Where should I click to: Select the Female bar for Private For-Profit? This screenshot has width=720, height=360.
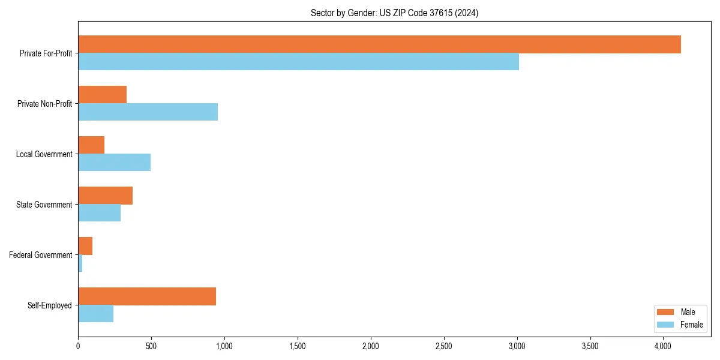coord(298,62)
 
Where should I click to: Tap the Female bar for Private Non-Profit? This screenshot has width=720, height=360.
coord(148,112)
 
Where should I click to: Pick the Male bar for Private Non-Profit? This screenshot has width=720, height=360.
coord(102,95)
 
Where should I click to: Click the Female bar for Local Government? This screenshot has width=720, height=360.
coord(114,163)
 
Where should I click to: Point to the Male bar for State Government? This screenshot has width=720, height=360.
coord(105,196)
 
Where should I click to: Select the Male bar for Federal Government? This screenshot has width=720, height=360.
coord(85,246)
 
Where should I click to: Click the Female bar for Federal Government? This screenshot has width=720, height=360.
coord(80,263)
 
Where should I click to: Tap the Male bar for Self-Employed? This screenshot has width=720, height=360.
coord(147,296)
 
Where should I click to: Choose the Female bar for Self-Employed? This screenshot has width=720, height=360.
coord(95,314)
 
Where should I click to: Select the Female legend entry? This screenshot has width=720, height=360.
coord(680,325)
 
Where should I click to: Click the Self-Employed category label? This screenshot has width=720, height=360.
coord(49,305)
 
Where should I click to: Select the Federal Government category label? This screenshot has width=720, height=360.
coord(40,255)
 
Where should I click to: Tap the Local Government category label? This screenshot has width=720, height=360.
coord(44,154)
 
